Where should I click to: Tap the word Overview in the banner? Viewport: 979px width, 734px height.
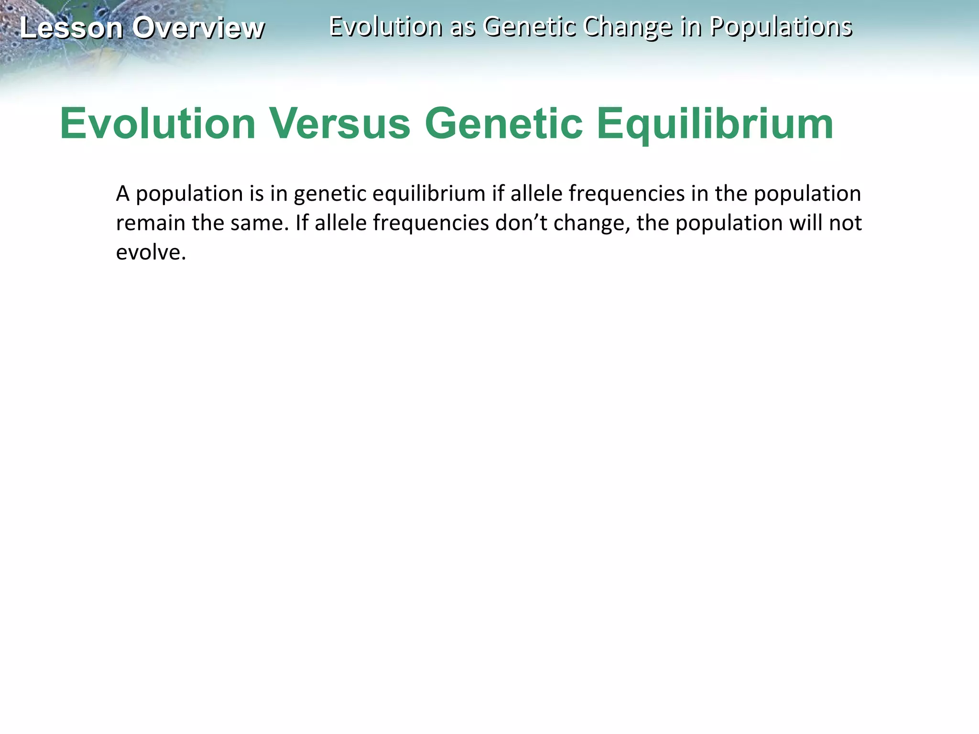[x=198, y=28]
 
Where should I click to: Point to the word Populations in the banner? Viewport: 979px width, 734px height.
[x=781, y=27]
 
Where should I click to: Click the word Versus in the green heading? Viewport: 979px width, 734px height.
[x=340, y=124]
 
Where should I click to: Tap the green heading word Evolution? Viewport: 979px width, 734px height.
[x=158, y=124]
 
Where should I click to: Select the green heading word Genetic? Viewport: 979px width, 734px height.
[x=503, y=124]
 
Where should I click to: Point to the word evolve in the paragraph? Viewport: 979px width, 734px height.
[x=151, y=252]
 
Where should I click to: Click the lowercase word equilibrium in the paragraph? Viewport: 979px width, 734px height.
[x=429, y=194]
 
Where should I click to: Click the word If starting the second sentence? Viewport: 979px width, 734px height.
[x=302, y=223]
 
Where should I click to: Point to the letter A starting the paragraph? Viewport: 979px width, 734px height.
[x=123, y=194]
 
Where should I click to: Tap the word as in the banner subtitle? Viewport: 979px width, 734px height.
[x=463, y=27]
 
